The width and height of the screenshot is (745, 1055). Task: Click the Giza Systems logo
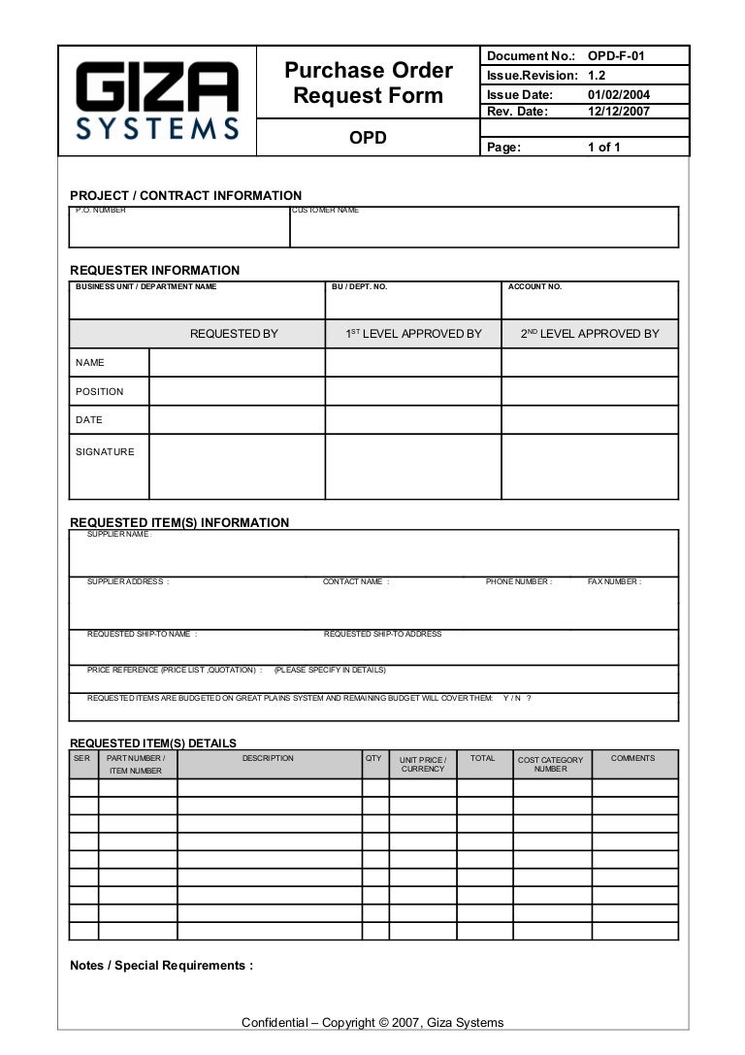[157, 100]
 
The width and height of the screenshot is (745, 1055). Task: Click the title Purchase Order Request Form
[368, 83]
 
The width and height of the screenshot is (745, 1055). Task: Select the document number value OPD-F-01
[616, 56]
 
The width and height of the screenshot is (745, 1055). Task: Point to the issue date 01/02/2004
[619, 95]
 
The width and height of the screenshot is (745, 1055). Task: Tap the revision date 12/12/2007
[619, 111]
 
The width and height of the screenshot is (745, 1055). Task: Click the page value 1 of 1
[603, 148]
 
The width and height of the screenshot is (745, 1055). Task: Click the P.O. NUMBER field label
[100, 210]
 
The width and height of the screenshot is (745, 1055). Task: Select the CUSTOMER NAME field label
[326, 210]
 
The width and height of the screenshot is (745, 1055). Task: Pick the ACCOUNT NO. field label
[534, 286]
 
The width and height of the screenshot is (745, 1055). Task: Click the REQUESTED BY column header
[234, 334]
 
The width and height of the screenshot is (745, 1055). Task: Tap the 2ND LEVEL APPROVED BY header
[590, 334]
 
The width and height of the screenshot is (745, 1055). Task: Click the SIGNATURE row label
[105, 451]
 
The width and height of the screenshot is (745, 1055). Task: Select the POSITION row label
[100, 392]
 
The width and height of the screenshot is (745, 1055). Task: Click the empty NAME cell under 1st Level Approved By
[412, 363]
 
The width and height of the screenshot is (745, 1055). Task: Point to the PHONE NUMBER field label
[519, 581]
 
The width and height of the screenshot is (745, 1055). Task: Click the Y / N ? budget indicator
[517, 698]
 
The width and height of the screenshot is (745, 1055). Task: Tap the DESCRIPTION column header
[268, 758]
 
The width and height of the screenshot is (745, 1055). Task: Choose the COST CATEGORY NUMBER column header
[551, 765]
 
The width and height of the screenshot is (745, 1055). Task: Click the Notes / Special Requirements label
[161, 966]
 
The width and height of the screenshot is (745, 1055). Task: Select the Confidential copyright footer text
[372, 1022]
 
